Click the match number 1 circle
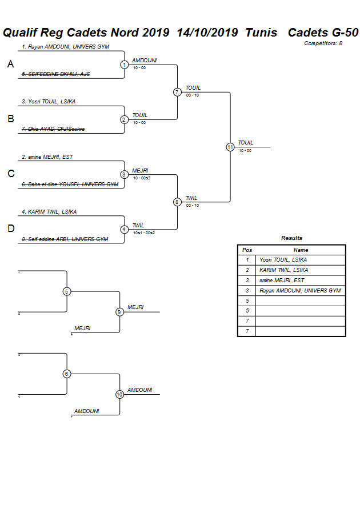coord(124,65)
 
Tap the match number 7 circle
coord(177,92)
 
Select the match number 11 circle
coord(230,147)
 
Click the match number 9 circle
coord(119,312)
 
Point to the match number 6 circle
coord(67,374)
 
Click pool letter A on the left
coord(10,65)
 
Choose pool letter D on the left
coord(10,229)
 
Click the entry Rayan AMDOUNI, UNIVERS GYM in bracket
coord(65,47)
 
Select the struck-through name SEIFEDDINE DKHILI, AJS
coord(55,74)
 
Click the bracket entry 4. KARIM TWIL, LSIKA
coord(49,211)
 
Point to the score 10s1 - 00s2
coord(144,233)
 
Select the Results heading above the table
coord(291,238)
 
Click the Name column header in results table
coord(301,250)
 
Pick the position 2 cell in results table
coord(247,270)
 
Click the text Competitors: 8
coord(323,43)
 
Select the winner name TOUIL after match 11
coord(245,143)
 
